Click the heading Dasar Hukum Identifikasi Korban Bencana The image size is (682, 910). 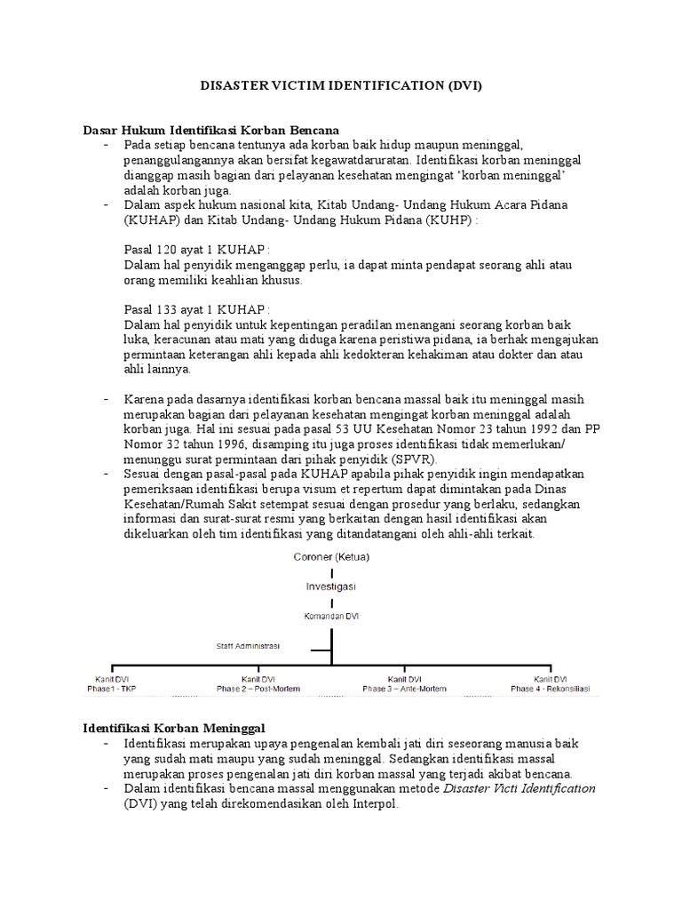pos(212,130)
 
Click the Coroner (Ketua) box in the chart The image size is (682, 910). pos(331,556)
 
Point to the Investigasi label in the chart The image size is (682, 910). pos(331,587)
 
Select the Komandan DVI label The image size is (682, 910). pos(331,615)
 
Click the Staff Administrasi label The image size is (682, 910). pos(248,646)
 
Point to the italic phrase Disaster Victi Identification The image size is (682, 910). pos(519,788)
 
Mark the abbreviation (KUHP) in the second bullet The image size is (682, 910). pos(448,220)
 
